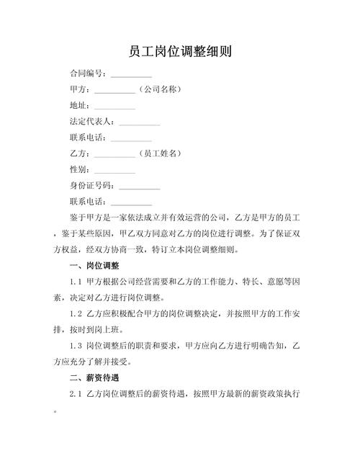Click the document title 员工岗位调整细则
(180, 53)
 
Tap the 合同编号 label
(87, 74)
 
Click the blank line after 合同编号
(131, 76)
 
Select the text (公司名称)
(158, 90)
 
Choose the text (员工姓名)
(158, 153)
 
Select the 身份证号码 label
(91, 186)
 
